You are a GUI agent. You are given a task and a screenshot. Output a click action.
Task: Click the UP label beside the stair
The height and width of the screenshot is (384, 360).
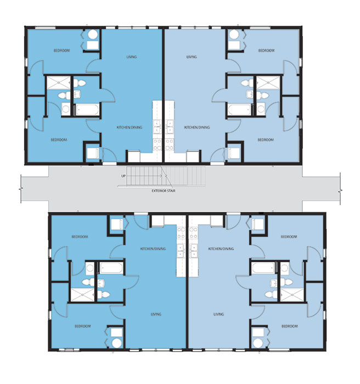(123, 176)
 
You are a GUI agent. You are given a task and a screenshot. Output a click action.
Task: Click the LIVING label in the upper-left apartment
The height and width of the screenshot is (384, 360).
(131, 57)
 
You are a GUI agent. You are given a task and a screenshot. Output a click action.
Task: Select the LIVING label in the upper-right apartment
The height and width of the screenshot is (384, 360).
(192, 57)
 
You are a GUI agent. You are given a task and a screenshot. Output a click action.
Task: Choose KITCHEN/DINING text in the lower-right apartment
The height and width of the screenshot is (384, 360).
(221, 249)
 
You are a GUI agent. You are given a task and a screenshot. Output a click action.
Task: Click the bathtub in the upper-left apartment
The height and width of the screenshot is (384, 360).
(86, 109)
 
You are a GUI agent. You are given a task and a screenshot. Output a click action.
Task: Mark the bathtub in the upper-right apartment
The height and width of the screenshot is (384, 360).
(239, 109)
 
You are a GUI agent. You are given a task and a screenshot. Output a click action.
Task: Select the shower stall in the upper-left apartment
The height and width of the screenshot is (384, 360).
(58, 83)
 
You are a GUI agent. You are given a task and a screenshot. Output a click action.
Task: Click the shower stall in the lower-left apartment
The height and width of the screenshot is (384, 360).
(81, 296)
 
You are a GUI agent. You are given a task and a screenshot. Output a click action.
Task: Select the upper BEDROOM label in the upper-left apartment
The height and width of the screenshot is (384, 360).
(61, 50)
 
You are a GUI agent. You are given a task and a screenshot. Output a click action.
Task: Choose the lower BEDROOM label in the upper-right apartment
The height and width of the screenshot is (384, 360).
(266, 140)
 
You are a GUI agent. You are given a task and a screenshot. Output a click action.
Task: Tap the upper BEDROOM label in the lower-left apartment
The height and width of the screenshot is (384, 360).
(80, 237)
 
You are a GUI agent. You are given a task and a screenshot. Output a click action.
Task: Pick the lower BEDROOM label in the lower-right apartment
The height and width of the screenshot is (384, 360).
(289, 326)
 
